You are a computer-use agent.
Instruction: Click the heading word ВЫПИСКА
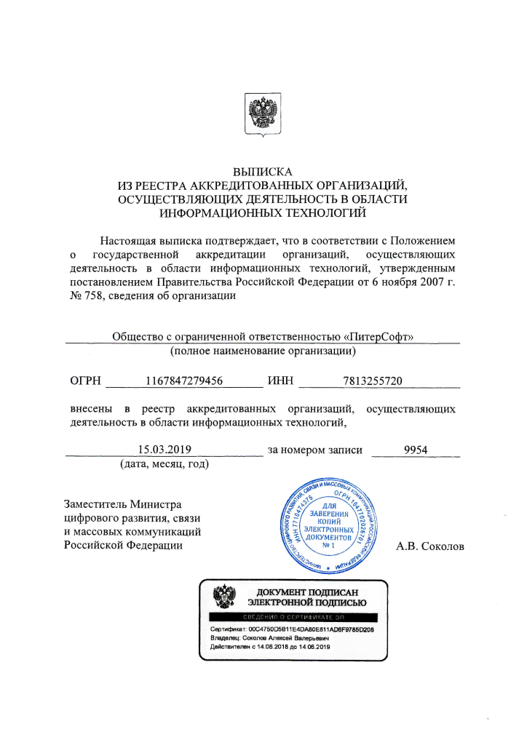(x=263, y=172)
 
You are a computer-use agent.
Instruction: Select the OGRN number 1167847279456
(x=184, y=381)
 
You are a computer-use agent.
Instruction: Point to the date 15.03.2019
(x=165, y=450)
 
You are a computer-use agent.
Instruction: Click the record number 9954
(x=416, y=450)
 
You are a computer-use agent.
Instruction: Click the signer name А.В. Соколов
(x=429, y=546)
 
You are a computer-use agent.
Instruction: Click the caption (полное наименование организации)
(x=263, y=351)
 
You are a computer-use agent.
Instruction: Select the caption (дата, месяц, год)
(x=165, y=464)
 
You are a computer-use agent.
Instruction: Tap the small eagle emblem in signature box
(x=223, y=597)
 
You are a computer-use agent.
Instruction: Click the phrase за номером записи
(x=315, y=450)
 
